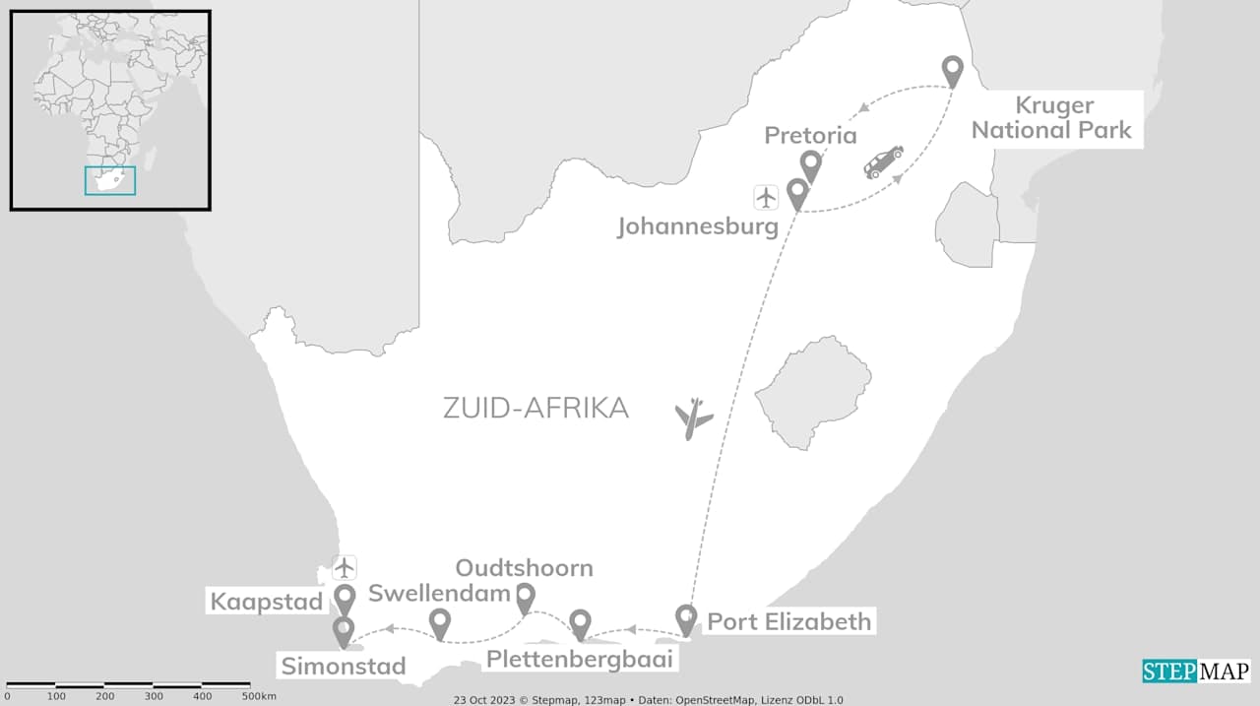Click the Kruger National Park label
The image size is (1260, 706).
point(1053,118)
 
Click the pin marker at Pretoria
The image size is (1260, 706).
point(810,165)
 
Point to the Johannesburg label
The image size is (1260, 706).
point(698,227)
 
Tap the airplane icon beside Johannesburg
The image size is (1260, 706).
point(766,197)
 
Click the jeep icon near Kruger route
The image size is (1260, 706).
point(883,161)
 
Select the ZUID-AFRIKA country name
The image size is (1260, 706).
point(535,408)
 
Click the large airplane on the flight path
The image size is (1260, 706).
point(694,418)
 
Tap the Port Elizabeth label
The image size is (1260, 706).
point(789,622)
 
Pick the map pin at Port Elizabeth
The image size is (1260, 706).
point(686,619)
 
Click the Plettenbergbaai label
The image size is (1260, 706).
point(580,660)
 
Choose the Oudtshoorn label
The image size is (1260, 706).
point(524,568)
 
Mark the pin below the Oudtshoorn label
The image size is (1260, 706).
point(525,597)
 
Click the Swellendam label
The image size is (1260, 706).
point(438,593)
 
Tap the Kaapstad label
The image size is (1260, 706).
point(268,602)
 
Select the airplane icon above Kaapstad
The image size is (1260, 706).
point(344,567)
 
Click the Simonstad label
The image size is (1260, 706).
point(344,667)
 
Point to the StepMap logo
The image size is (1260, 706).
point(1196,672)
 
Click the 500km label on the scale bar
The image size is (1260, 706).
point(259,696)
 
